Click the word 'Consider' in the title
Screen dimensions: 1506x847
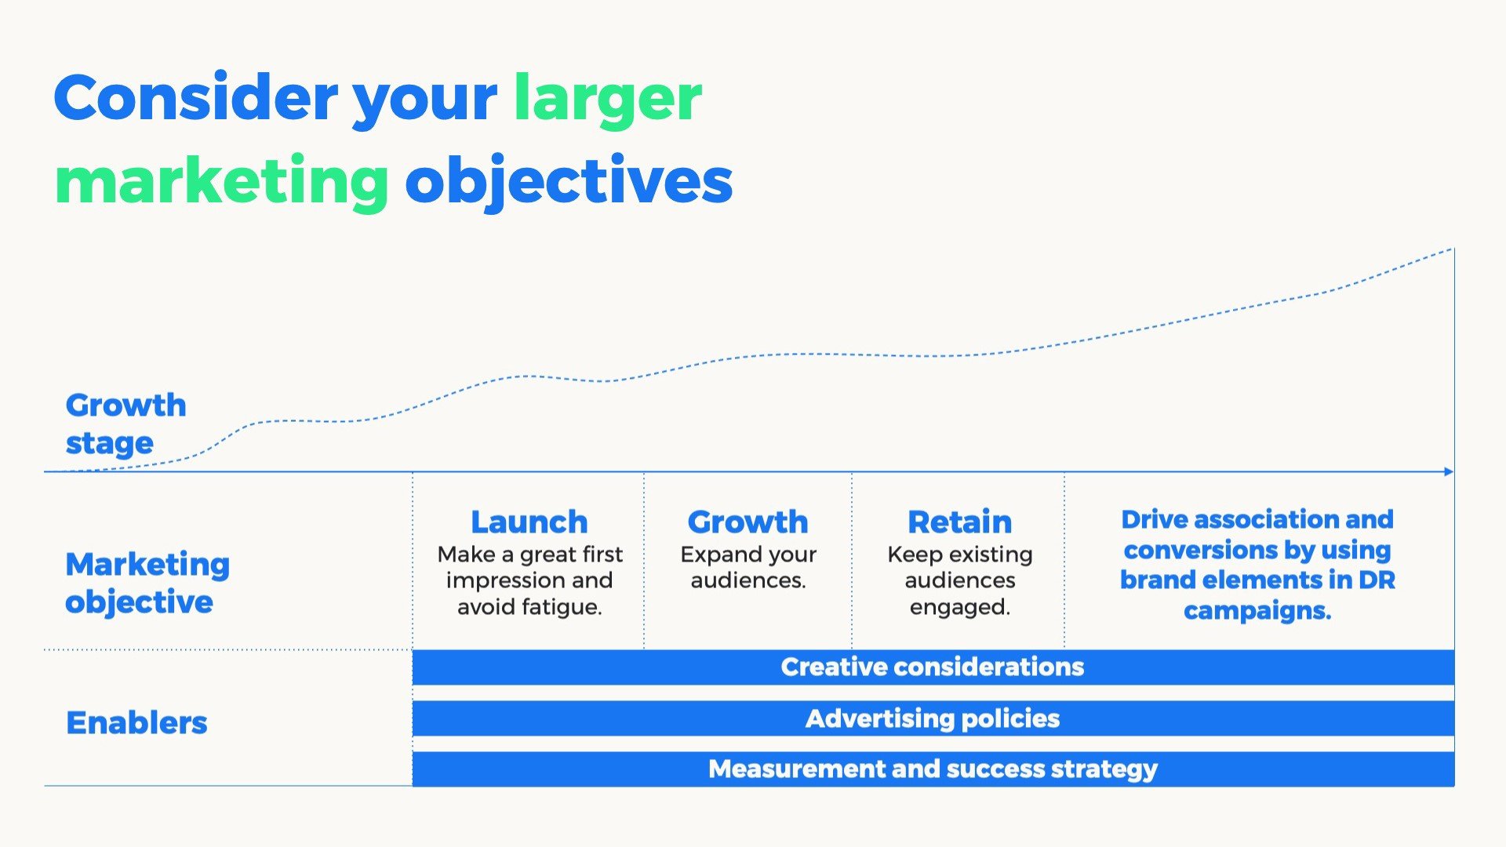[x=196, y=98]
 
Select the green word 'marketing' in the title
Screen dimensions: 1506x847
[x=222, y=183]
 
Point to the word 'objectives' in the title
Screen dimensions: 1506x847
[x=569, y=183]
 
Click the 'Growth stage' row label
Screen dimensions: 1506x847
[x=126, y=424]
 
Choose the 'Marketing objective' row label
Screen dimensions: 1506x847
[x=147, y=583]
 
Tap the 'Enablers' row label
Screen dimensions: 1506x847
[x=137, y=722]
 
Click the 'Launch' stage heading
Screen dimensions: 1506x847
[x=529, y=522]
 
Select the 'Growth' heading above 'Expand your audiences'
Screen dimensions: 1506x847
[x=748, y=522]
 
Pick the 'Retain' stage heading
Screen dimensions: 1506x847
[x=960, y=522]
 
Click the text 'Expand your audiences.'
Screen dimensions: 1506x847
[x=748, y=567]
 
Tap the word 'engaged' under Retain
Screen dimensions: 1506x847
[x=957, y=608]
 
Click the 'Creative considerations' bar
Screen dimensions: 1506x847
[x=933, y=667]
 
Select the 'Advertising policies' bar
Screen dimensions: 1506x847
[x=933, y=718]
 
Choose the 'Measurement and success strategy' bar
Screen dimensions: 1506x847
[x=933, y=769]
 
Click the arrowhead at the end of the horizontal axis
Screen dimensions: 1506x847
[x=1449, y=471]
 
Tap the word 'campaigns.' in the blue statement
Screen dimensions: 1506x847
[x=1257, y=611]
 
